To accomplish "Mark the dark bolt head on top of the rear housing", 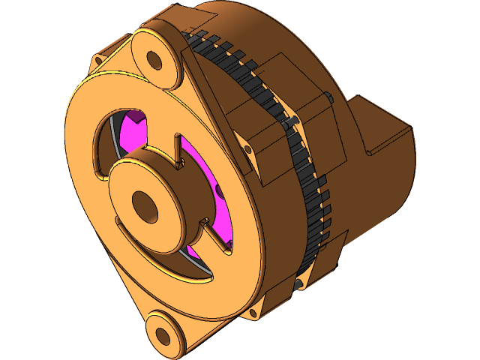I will (330, 97).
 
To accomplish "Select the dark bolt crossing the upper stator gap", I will (294, 121).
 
